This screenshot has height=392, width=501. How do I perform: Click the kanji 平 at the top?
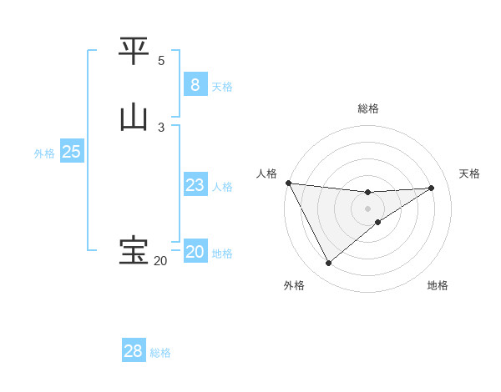tap(134, 52)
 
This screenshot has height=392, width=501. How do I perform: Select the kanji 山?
tap(134, 118)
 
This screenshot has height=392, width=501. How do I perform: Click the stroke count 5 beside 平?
tap(161, 61)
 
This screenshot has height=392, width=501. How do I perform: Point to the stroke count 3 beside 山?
tap(161, 127)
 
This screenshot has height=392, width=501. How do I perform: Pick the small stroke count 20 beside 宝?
tap(159, 261)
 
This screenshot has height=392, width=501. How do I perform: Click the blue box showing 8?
tap(195, 84)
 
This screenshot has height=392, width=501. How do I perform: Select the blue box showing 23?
tap(195, 185)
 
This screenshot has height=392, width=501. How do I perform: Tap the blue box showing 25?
tap(71, 152)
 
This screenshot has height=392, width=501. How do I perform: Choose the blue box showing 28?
tap(133, 351)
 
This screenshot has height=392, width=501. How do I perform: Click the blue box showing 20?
tap(195, 252)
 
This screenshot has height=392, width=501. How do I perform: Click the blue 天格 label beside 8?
tap(222, 86)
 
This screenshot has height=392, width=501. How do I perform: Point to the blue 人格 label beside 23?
tap(222, 187)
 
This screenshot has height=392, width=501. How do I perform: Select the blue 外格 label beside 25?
tap(44, 153)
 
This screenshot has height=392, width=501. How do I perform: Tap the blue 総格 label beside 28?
tap(160, 353)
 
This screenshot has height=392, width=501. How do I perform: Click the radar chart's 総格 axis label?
tap(367, 108)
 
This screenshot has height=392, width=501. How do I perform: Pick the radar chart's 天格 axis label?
tap(469, 173)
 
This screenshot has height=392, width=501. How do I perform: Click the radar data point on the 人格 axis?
tap(288, 183)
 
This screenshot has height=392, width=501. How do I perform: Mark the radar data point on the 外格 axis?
tap(328, 264)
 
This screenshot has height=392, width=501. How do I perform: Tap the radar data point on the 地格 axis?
tap(378, 222)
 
